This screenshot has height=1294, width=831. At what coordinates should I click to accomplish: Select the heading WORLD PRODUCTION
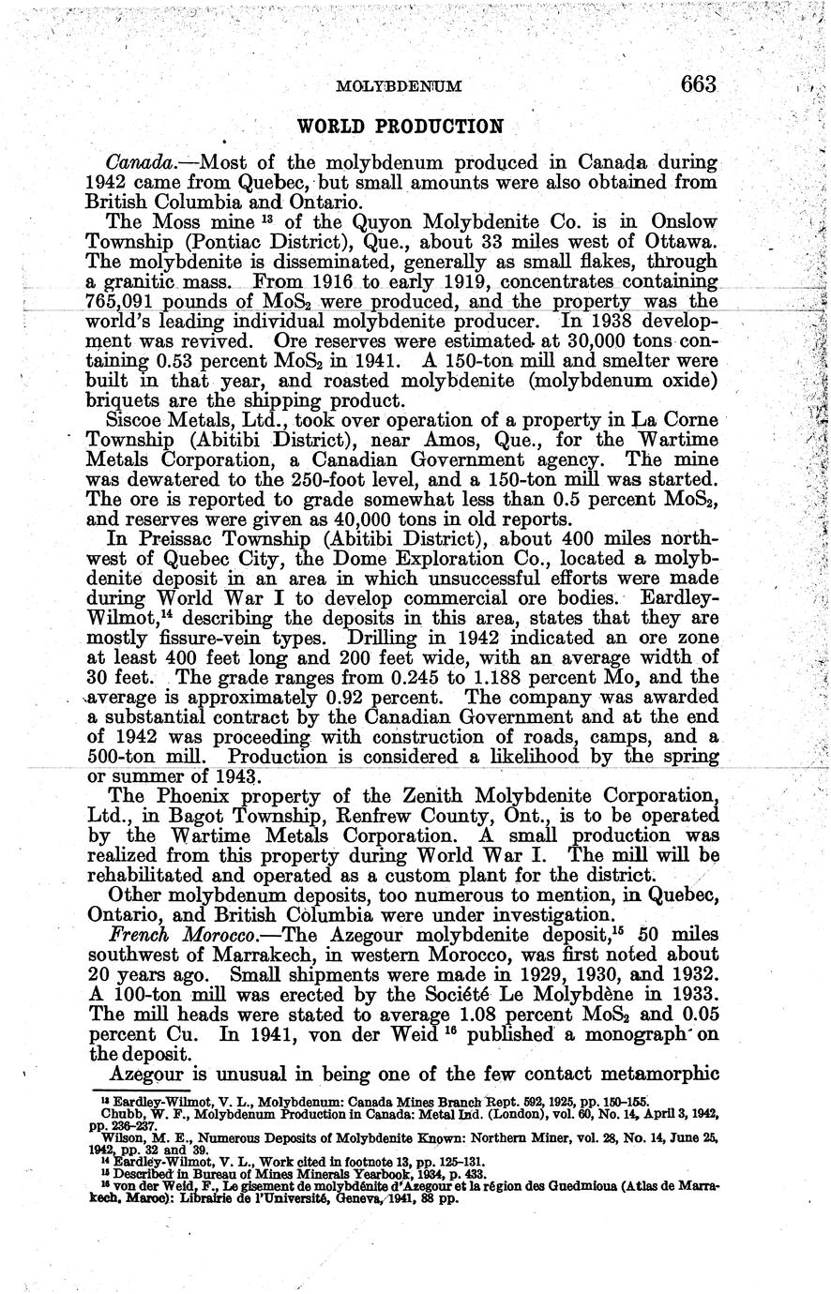(400, 125)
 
